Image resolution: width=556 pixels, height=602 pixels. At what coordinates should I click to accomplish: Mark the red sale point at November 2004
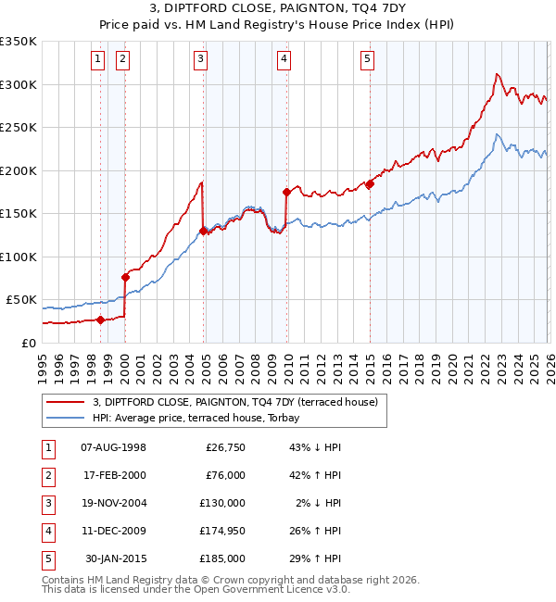pos(203,231)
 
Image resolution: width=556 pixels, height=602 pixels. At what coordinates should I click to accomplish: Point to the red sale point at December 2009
pos(286,193)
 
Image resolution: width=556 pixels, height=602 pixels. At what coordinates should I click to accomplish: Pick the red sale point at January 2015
pos(370,184)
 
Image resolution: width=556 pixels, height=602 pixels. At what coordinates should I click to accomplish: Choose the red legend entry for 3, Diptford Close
pos(234,403)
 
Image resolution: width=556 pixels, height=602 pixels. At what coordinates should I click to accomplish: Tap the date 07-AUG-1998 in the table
pos(114,448)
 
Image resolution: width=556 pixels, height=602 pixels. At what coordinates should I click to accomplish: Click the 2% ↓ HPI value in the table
pos(319,504)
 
